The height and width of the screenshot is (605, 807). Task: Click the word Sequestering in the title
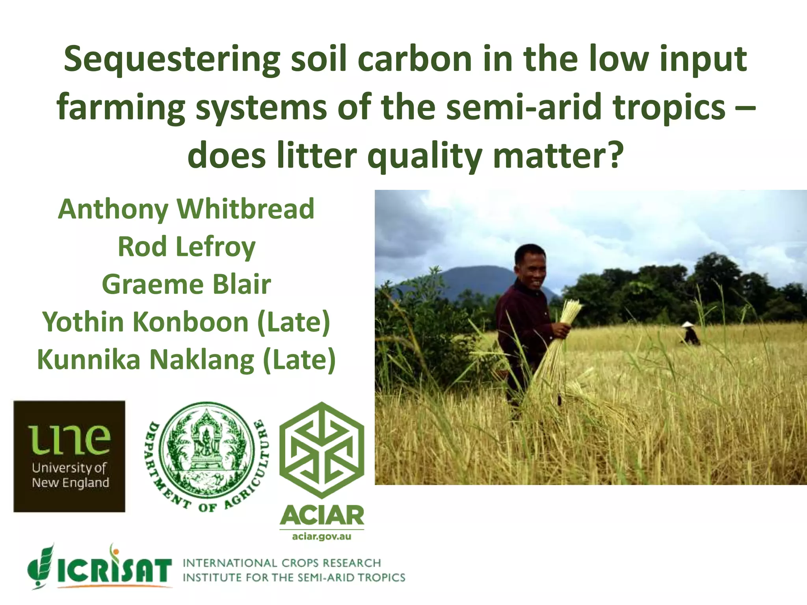(x=172, y=60)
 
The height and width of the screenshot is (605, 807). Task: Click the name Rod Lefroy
(x=186, y=247)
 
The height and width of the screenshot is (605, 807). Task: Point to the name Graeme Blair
(x=186, y=284)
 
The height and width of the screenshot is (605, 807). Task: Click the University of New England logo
(x=69, y=456)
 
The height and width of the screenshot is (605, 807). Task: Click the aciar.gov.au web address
(x=322, y=536)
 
